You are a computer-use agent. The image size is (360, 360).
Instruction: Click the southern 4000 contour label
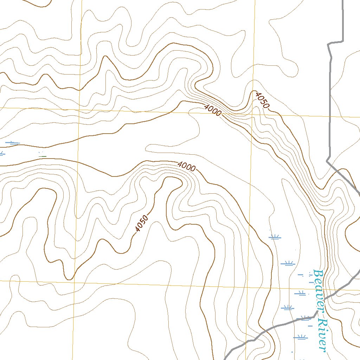(186, 166)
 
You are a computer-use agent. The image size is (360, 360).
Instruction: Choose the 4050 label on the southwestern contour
(142, 224)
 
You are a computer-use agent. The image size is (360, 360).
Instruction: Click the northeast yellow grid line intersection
(253, 114)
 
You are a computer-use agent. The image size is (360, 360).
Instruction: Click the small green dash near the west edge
(42, 155)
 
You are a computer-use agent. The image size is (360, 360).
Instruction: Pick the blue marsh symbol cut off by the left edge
(1, 153)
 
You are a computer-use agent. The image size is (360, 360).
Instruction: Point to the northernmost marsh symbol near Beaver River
(275, 237)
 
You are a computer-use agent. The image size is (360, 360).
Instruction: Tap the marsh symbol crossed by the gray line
(305, 319)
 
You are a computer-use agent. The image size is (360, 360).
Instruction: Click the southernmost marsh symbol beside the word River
(301, 337)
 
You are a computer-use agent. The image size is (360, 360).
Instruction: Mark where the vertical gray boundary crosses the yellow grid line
(330, 116)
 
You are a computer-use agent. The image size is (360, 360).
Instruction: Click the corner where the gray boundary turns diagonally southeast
(327, 161)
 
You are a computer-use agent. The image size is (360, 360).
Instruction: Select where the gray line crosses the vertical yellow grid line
(246, 341)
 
